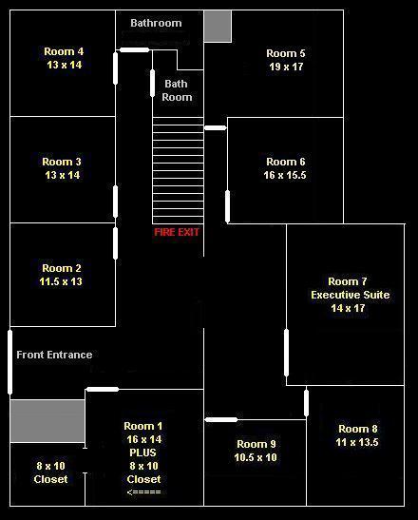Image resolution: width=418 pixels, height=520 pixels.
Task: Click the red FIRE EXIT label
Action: click(x=177, y=232)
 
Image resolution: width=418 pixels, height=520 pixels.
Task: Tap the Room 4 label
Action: click(x=64, y=51)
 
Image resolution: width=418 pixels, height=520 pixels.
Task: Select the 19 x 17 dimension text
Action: click(x=286, y=67)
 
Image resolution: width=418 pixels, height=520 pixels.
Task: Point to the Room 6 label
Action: click(x=286, y=162)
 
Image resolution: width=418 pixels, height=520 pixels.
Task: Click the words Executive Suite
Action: click(x=350, y=295)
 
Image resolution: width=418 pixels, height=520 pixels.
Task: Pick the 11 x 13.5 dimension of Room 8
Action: click(x=357, y=442)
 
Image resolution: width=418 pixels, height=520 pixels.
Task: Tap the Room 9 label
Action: click(x=256, y=444)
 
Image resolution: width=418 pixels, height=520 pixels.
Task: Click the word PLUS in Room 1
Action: click(x=142, y=453)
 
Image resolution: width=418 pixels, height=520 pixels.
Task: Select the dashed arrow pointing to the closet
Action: click(x=143, y=491)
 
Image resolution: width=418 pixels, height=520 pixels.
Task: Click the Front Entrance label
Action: click(x=54, y=355)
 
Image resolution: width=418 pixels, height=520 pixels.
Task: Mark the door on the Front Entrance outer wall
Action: click(x=9, y=362)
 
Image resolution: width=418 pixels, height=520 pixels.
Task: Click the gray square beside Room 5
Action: click(x=218, y=27)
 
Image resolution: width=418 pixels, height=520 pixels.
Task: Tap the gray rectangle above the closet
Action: click(x=47, y=421)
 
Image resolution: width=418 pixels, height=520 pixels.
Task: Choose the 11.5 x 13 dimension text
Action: click(x=61, y=281)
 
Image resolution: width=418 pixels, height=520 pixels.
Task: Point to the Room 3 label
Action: click(x=62, y=162)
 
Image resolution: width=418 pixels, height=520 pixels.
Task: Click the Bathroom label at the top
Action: click(x=156, y=23)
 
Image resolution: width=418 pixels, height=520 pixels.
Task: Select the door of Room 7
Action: click(x=286, y=353)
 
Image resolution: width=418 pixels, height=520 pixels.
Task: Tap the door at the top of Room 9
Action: click(x=221, y=420)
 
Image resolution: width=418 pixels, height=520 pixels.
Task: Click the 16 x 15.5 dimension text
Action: click(x=285, y=175)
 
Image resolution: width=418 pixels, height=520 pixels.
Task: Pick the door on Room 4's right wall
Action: click(x=115, y=68)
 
